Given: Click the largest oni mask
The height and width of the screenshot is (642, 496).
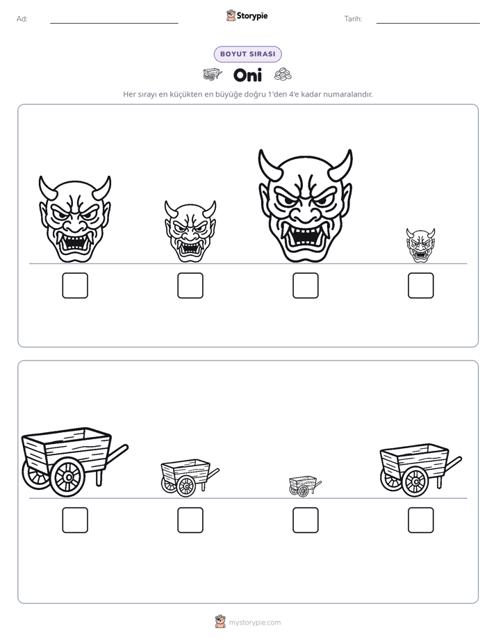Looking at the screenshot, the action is pos(305,206).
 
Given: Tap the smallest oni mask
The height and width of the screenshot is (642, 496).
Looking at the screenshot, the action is pos(420,245).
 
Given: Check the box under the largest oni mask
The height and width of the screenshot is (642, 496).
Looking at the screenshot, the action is pos(305,286).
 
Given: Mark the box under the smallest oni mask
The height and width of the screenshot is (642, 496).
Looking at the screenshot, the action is pos(421,286).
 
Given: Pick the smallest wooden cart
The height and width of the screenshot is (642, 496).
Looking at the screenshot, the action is pos(305,486).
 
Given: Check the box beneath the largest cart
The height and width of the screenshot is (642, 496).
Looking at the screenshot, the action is pos(75,520).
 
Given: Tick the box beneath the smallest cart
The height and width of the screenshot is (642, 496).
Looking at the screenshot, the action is pos(305,520).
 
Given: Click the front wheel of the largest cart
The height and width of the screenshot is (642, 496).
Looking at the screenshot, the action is pos(68,477).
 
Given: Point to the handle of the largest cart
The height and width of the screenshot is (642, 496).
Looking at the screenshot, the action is pos(116,454).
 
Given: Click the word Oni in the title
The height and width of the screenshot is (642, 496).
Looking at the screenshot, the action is pos(247,75).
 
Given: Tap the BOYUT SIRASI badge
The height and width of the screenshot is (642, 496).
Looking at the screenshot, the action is pos(247,54).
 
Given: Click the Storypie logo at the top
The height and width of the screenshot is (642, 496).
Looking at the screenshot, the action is pos(247,15).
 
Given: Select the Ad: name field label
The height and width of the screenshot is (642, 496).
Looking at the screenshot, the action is pos(22,19).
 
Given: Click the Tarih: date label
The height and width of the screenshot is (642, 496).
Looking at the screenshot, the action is pos(353,19).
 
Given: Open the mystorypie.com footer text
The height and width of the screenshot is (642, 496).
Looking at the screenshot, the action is pos(254,623).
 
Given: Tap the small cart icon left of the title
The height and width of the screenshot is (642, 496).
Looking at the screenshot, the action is pos(213,74).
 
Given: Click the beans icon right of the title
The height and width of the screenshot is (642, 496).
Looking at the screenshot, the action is pos(283,74).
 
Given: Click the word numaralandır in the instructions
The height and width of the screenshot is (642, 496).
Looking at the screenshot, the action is pos(348,94).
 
